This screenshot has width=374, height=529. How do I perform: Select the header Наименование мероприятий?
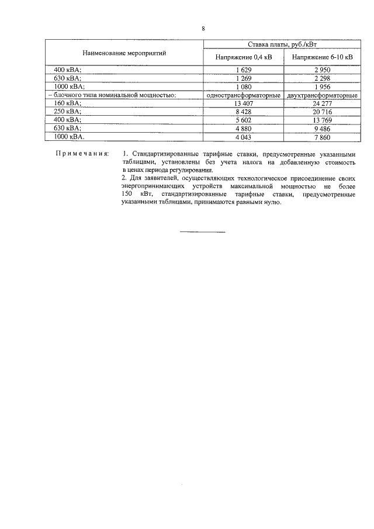click(124, 53)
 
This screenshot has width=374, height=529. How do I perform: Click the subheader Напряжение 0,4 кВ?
click(243, 58)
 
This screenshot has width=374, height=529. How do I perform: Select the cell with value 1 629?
click(243, 70)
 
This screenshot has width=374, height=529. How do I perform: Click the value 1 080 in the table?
click(243, 86)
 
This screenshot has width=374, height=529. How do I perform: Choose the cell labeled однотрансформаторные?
click(243, 95)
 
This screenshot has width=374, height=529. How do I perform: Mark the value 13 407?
click(243, 103)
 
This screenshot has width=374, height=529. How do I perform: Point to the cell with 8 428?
click(243, 111)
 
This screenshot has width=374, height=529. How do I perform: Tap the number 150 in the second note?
click(127, 193)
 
